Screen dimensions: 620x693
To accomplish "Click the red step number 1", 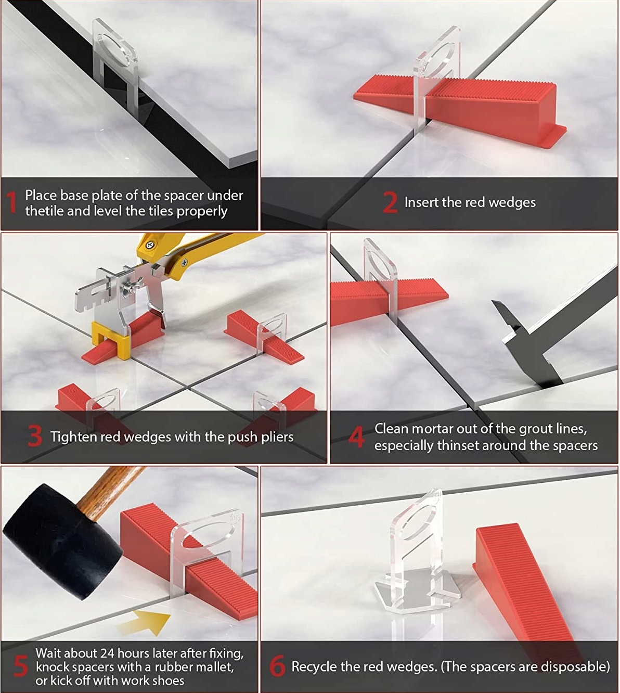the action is pyautogui.click(x=12, y=202).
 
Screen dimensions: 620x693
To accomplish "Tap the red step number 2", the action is pyautogui.click(x=390, y=202).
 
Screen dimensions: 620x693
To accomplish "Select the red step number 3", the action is pyautogui.click(x=34, y=437).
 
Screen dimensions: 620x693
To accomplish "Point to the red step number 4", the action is pyautogui.click(x=357, y=438).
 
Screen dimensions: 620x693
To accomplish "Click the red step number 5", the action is pyautogui.click(x=21, y=666).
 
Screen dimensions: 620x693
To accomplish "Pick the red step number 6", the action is pyautogui.click(x=277, y=666).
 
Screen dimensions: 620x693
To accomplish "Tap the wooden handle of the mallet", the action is pyautogui.click(x=109, y=490).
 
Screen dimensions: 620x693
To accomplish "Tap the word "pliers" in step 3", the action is pyautogui.click(x=277, y=437).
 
